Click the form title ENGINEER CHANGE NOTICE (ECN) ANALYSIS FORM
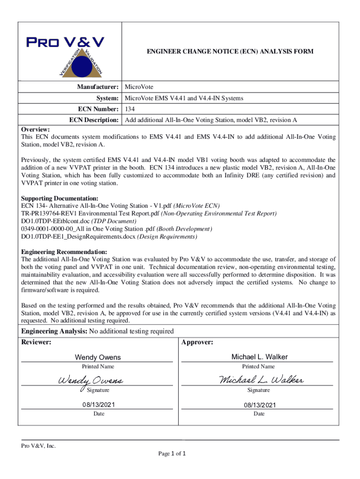coord(225,51)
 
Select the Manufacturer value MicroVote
coord(139,87)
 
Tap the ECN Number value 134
coord(130,109)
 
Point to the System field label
coord(107,98)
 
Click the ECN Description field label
coord(94,120)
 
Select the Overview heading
coord(36,129)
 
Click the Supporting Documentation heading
coord(60,198)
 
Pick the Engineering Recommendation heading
coord(65,252)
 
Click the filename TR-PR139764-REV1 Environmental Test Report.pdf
coord(90,213)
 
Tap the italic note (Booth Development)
coord(184,229)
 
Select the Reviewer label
coord(36,342)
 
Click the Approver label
coord(197,342)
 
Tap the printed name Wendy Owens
coord(95,357)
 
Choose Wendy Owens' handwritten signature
coord(90,380)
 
